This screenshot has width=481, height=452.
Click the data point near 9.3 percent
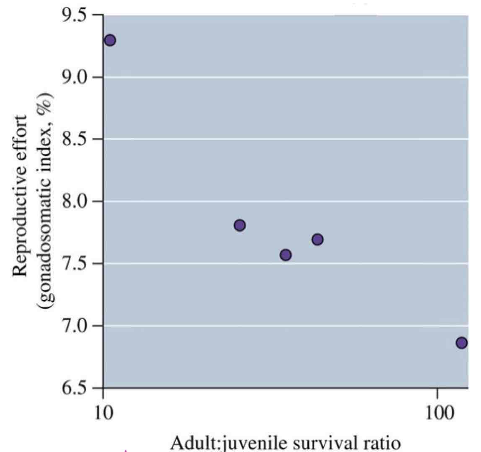[110, 41]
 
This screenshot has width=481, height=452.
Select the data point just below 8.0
[239, 225]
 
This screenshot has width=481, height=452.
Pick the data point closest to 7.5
[286, 255]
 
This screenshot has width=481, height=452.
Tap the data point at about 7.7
[317, 239]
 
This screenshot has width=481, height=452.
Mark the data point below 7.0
[461, 343]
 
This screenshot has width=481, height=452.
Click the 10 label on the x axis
[103, 413]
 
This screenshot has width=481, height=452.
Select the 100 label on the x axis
[437, 413]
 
